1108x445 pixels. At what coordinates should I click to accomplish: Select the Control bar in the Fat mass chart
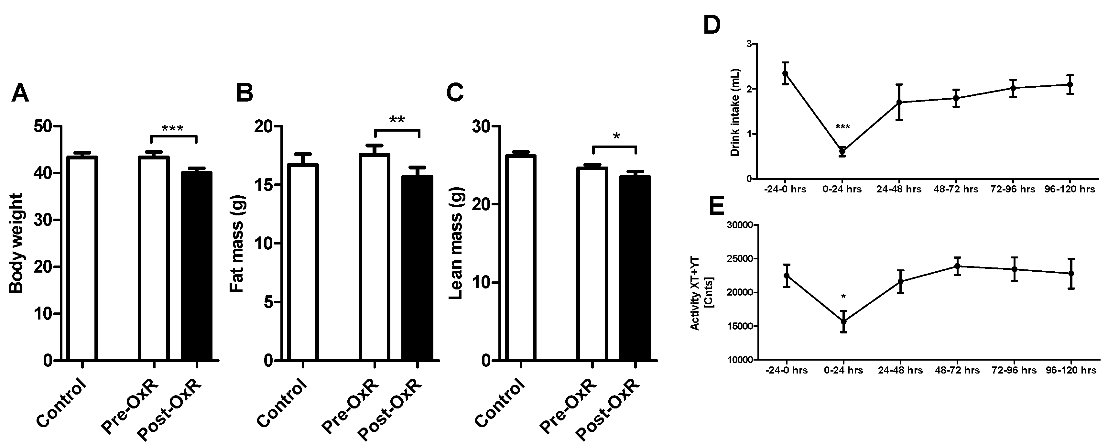click(x=303, y=262)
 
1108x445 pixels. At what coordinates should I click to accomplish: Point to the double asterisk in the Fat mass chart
click(x=396, y=120)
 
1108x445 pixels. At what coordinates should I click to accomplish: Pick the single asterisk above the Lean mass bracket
click(x=616, y=137)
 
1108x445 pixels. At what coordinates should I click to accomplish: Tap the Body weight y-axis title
click(x=16, y=243)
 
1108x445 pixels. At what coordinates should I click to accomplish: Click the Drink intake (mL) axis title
click(x=735, y=112)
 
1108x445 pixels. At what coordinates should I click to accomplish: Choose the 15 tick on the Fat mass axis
click(x=267, y=185)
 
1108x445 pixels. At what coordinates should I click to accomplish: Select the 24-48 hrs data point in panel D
click(x=899, y=102)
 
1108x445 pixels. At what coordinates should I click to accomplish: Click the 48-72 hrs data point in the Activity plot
click(x=958, y=266)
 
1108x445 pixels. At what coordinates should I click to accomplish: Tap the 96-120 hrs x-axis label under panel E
click(x=1071, y=370)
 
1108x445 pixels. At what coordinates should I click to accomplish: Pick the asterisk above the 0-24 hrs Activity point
click(x=843, y=297)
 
